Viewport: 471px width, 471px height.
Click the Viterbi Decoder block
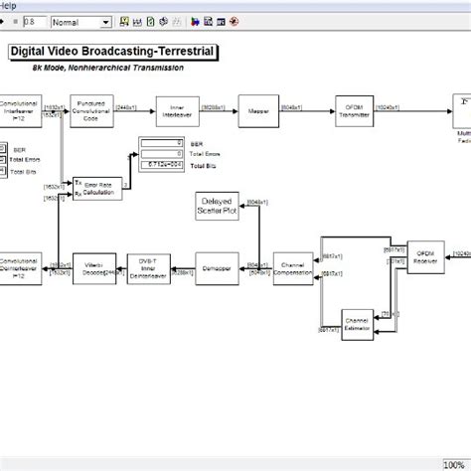[x=94, y=267]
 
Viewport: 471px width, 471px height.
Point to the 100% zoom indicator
[x=453, y=464]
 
